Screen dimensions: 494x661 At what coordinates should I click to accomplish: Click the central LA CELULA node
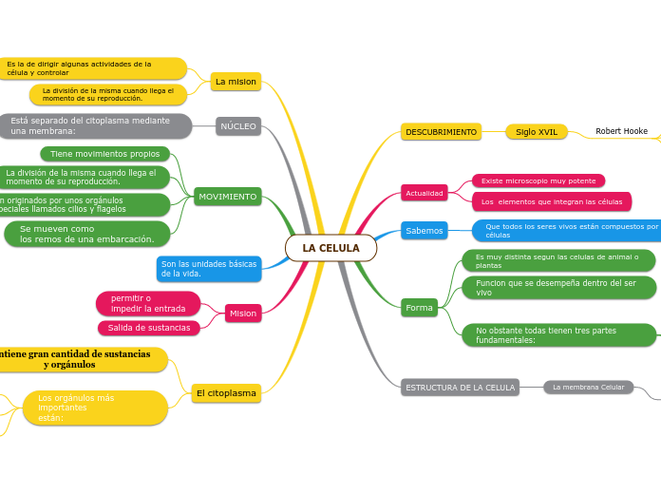(x=330, y=248)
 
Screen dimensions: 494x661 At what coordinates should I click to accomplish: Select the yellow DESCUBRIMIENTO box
(x=441, y=132)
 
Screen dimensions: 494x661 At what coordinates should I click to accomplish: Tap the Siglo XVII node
(x=537, y=132)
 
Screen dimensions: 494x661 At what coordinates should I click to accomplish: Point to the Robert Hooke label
(x=621, y=131)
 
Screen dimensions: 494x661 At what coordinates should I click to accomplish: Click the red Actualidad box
(x=425, y=193)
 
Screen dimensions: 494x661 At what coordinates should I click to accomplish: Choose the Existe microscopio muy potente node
(x=538, y=180)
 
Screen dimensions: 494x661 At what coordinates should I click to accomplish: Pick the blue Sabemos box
(x=424, y=231)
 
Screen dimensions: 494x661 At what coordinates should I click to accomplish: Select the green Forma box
(x=419, y=308)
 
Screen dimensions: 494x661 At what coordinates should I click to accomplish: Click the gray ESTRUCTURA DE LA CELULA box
(x=460, y=388)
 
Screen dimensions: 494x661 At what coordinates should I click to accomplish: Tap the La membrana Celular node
(x=588, y=388)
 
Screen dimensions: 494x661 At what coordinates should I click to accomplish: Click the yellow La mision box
(x=236, y=82)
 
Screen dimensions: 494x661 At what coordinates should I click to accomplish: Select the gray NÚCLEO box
(x=237, y=126)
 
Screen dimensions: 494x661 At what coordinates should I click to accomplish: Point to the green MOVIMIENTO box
(x=227, y=197)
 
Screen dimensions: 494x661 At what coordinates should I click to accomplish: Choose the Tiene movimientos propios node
(x=104, y=154)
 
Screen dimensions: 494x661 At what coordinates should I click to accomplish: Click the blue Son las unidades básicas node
(x=208, y=269)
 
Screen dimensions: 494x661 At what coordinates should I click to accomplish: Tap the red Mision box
(x=243, y=313)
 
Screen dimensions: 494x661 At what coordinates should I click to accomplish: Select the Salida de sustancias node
(x=148, y=328)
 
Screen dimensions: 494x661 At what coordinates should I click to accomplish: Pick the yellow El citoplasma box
(x=225, y=393)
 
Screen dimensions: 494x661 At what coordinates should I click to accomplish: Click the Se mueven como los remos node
(x=86, y=234)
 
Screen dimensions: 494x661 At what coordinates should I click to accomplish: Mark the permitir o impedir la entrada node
(x=148, y=304)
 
